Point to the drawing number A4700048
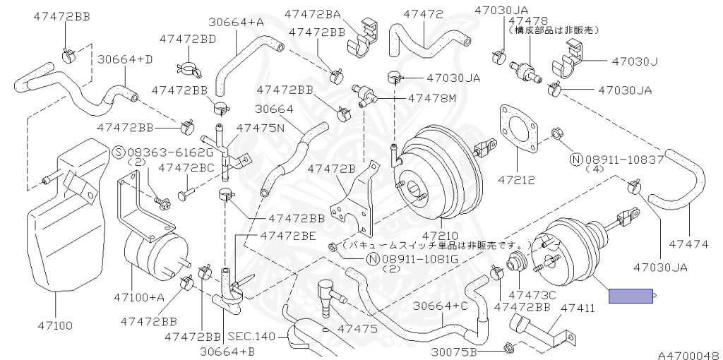(x=689, y=355)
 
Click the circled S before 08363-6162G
(x=118, y=152)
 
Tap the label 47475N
(x=260, y=128)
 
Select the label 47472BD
(x=187, y=39)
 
